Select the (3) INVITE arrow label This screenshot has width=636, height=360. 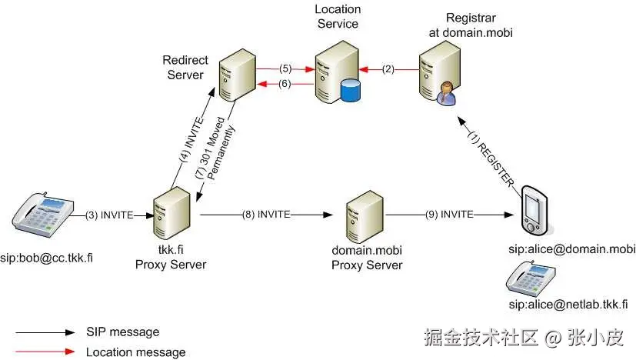[109, 215]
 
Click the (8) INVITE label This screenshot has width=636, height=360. [266, 215]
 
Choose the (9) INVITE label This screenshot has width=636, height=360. [449, 215]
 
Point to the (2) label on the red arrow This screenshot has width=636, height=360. [388, 69]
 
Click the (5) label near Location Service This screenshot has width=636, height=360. [285, 68]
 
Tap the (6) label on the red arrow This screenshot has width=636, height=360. [285, 84]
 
